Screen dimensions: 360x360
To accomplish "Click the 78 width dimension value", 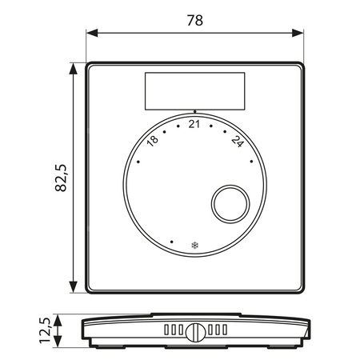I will (x=194, y=22).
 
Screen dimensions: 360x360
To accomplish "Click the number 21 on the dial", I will (x=194, y=124).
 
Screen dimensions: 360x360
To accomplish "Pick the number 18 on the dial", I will (x=153, y=140).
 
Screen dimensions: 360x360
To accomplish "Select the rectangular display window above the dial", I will (x=194, y=90).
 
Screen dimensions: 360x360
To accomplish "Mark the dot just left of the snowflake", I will (x=172, y=239).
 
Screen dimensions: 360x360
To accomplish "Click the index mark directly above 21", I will (x=194, y=112).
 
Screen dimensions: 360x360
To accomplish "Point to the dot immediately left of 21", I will (x=178, y=126).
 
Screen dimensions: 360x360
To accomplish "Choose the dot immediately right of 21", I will (x=211, y=126).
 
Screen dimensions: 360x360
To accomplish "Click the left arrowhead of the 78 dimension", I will (x=90, y=34).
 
